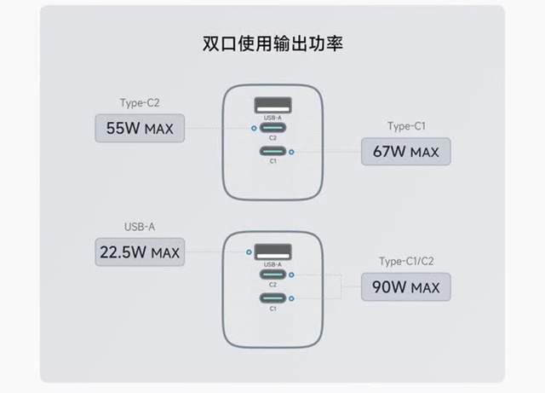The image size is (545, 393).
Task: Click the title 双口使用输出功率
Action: [272, 42]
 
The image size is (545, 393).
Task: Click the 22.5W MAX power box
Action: [140, 252]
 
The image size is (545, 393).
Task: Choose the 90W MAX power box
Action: [405, 287]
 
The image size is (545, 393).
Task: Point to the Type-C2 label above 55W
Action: [140, 103]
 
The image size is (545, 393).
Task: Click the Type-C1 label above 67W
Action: [405, 126]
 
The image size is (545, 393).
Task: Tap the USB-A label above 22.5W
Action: [140, 227]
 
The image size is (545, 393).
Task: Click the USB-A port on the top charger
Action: [272, 107]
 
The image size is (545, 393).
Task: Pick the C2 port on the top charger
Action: [272, 129]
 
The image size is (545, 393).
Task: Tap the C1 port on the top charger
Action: [272, 153]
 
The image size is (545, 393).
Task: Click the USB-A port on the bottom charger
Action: [272, 252]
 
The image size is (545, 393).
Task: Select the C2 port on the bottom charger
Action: [272, 275]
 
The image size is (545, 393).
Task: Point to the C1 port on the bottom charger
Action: [272, 298]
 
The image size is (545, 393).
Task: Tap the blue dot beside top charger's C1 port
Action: [291, 153]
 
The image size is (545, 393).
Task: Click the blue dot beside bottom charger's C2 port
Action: [291, 275]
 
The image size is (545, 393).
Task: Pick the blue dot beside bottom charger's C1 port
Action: [291, 298]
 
